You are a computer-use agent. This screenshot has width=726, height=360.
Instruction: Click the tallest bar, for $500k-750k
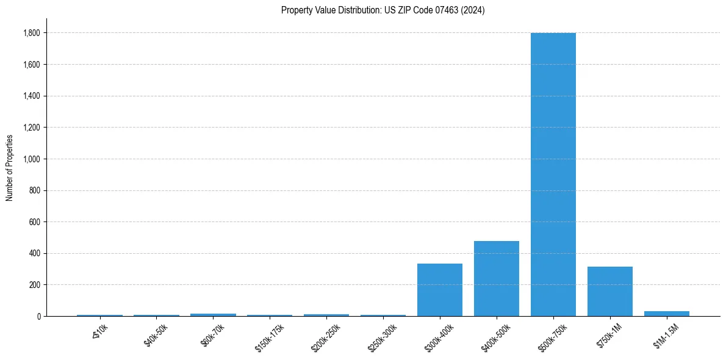pos(553,175)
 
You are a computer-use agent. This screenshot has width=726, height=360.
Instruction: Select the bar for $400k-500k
pos(496,279)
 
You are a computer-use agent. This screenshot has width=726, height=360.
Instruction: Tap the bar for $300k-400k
pos(439,290)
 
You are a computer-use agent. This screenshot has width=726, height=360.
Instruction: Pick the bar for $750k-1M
pos(609,292)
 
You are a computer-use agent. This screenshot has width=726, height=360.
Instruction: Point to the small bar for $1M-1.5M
pos(666,314)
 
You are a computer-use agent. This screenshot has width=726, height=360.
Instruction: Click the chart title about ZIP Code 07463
pos(383,10)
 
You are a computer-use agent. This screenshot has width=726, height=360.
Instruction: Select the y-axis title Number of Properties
pos(10,167)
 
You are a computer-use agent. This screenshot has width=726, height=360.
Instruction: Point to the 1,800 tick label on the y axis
pos(32,33)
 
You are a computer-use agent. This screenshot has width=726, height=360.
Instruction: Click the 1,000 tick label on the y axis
pos(32,159)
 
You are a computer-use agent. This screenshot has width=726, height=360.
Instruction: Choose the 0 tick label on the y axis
pos(38,317)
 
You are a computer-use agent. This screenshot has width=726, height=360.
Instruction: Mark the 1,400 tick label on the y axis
pos(32,96)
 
